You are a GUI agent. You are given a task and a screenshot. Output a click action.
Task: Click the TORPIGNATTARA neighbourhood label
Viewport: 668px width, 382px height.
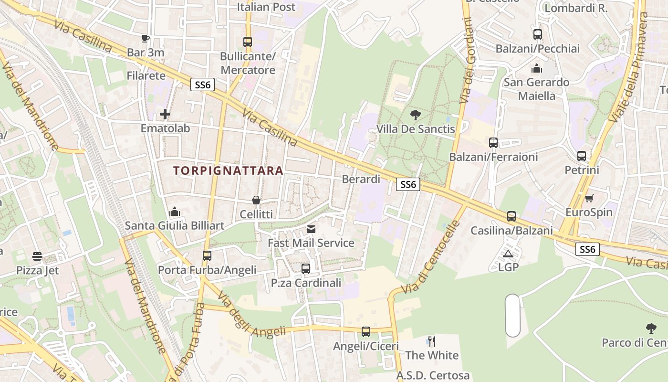(228, 170)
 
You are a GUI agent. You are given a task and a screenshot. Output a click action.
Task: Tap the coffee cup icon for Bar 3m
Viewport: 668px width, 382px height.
(146, 38)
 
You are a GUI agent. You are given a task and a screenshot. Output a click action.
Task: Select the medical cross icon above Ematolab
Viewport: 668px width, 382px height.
(165, 114)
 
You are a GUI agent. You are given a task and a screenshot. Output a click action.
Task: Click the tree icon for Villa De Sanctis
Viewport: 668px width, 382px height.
(415, 115)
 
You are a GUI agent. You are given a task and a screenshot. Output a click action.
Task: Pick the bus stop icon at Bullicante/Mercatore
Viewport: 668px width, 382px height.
(247, 42)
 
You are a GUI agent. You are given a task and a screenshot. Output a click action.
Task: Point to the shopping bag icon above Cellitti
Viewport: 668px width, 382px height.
(256, 200)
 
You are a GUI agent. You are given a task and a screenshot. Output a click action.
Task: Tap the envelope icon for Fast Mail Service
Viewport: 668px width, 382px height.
(311, 229)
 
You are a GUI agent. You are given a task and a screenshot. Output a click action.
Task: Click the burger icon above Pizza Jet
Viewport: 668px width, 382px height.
(37, 256)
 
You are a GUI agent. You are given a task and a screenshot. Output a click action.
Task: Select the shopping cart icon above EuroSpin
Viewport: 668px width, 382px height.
(589, 198)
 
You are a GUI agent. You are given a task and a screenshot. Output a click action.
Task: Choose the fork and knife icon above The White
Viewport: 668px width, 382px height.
(432, 341)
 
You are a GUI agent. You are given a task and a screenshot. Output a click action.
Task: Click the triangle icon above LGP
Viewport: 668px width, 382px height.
(508, 254)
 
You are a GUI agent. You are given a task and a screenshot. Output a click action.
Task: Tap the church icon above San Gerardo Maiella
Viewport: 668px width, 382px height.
(537, 69)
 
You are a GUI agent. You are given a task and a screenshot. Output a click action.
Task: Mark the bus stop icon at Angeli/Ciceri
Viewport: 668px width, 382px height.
(365, 331)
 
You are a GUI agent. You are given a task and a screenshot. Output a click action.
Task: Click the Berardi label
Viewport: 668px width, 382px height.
(361, 179)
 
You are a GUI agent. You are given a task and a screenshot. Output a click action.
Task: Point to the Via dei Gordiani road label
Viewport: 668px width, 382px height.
(466, 61)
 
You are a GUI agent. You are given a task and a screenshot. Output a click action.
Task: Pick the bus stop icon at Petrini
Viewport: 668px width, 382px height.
(581, 156)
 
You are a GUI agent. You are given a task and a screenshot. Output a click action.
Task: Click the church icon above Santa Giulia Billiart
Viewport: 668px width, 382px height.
(175, 212)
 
